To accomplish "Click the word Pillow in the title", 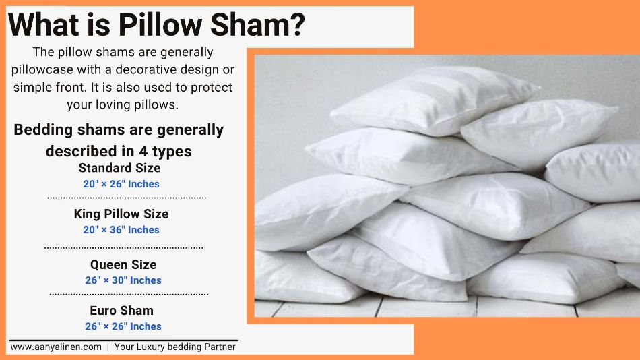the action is pos(160,24).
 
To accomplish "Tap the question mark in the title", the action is pos(297,24).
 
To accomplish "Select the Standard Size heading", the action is pos(119,168).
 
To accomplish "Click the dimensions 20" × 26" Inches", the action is pos(121,184).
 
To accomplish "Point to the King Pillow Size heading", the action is pos(121,214).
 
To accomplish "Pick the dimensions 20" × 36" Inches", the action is pos(121,230).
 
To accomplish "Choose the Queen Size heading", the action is pos(123,265).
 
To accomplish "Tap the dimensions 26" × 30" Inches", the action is pos(123,280).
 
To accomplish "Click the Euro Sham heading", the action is pos(122,311).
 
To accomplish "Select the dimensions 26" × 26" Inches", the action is pos(123,326).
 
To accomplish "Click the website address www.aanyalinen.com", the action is pos(56,347).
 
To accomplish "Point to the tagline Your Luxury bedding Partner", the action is pos(174,347).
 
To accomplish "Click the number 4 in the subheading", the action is pos(143,152).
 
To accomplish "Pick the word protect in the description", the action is pos(212,88).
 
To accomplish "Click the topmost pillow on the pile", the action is pos(435,100).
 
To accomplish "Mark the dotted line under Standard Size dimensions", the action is pos(127,198).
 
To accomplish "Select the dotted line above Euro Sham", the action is pos(129,294).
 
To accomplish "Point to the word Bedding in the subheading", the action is pos(43,130).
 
